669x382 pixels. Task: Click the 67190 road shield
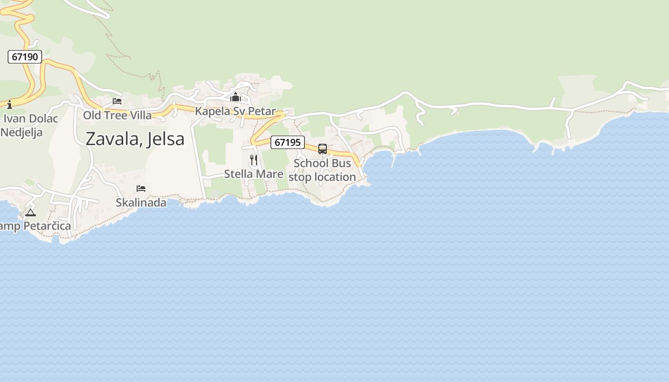[x=25, y=57]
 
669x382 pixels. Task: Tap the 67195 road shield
[x=288, y=142]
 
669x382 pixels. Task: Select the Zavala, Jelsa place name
[x=135, y=139]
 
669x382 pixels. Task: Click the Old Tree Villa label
[x=117, y=116]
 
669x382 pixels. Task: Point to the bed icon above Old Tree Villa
[x=117, y=101]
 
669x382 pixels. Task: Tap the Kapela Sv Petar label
[x=235, y=112]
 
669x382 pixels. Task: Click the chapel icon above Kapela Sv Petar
[x=235, y=97]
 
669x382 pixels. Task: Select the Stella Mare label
[x=254, y=174]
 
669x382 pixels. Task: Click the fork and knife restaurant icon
[x=254, y=160]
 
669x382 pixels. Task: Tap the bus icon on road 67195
[x=323, y=149]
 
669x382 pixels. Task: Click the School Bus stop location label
[x=322, y=170]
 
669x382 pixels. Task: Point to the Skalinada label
[x=141, y=202]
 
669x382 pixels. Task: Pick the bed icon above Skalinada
[x=141, y=189]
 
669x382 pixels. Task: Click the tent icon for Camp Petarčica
[x=31, y=212]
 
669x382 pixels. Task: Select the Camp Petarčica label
[x=35, y=226]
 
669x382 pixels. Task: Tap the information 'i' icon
[x=9, y=105]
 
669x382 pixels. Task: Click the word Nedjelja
[x=22, y=132]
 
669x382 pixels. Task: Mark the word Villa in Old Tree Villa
[x=140, y=116]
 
